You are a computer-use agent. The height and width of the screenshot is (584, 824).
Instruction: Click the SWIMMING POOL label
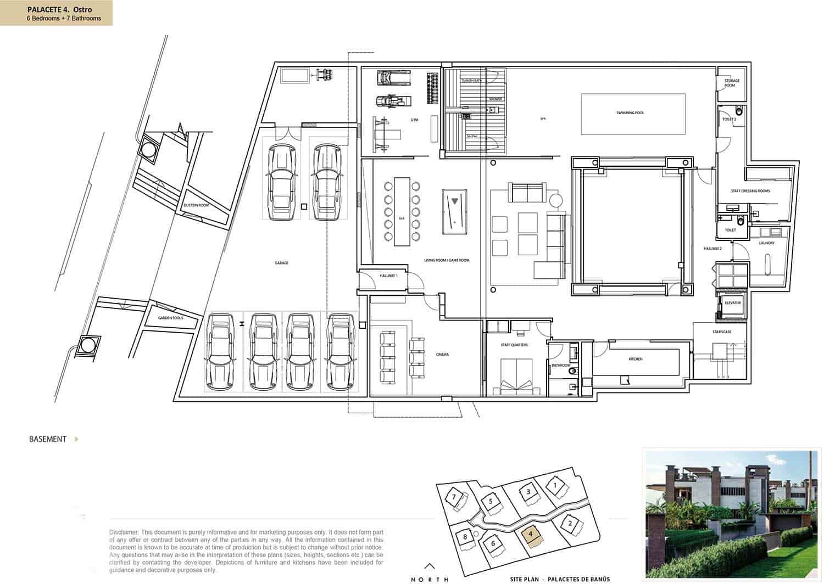pyautogui.click(x=630, y=113)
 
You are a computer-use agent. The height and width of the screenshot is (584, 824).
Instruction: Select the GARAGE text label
pyautogui.click(x=282, y=263)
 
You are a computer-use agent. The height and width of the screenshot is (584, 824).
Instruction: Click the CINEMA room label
pyautogui.click(x=442, y=355)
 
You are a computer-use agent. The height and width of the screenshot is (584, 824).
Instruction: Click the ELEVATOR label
pyautogui.click(x=733, y=303)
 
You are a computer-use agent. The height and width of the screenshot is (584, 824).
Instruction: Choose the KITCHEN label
pyautogui.click(x=636, y=359)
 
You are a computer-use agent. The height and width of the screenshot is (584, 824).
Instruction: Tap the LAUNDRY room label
pyautogui.click(x=766, y=243)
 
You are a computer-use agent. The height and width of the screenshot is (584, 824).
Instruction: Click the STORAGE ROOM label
pyautogui.click(x=732, y=83)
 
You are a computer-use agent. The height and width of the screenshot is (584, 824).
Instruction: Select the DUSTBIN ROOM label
pyautogui.click(x=196, y=205)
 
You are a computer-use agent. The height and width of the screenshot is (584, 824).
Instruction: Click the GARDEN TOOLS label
pyautogui.click(x=170, y=318)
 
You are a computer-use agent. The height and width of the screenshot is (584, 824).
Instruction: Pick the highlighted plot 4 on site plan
pyautogui.click(x=530, y=535)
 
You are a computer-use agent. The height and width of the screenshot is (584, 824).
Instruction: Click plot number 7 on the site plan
pyautogui.click(x=454, y=497)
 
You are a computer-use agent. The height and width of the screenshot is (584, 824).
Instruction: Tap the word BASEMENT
pyautogui.click(x=48, y=439)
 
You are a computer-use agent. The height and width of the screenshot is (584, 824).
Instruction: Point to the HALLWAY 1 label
pyautogui.click(x=388, y=276)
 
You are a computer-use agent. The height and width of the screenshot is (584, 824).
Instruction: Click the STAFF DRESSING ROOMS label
pyautogui.click(x=750, y=191)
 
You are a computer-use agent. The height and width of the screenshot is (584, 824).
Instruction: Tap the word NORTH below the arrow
pyautogui.click(x=430, y=579)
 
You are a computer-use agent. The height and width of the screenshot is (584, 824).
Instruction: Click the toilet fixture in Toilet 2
pyautogui.click(x=739, y=111)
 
